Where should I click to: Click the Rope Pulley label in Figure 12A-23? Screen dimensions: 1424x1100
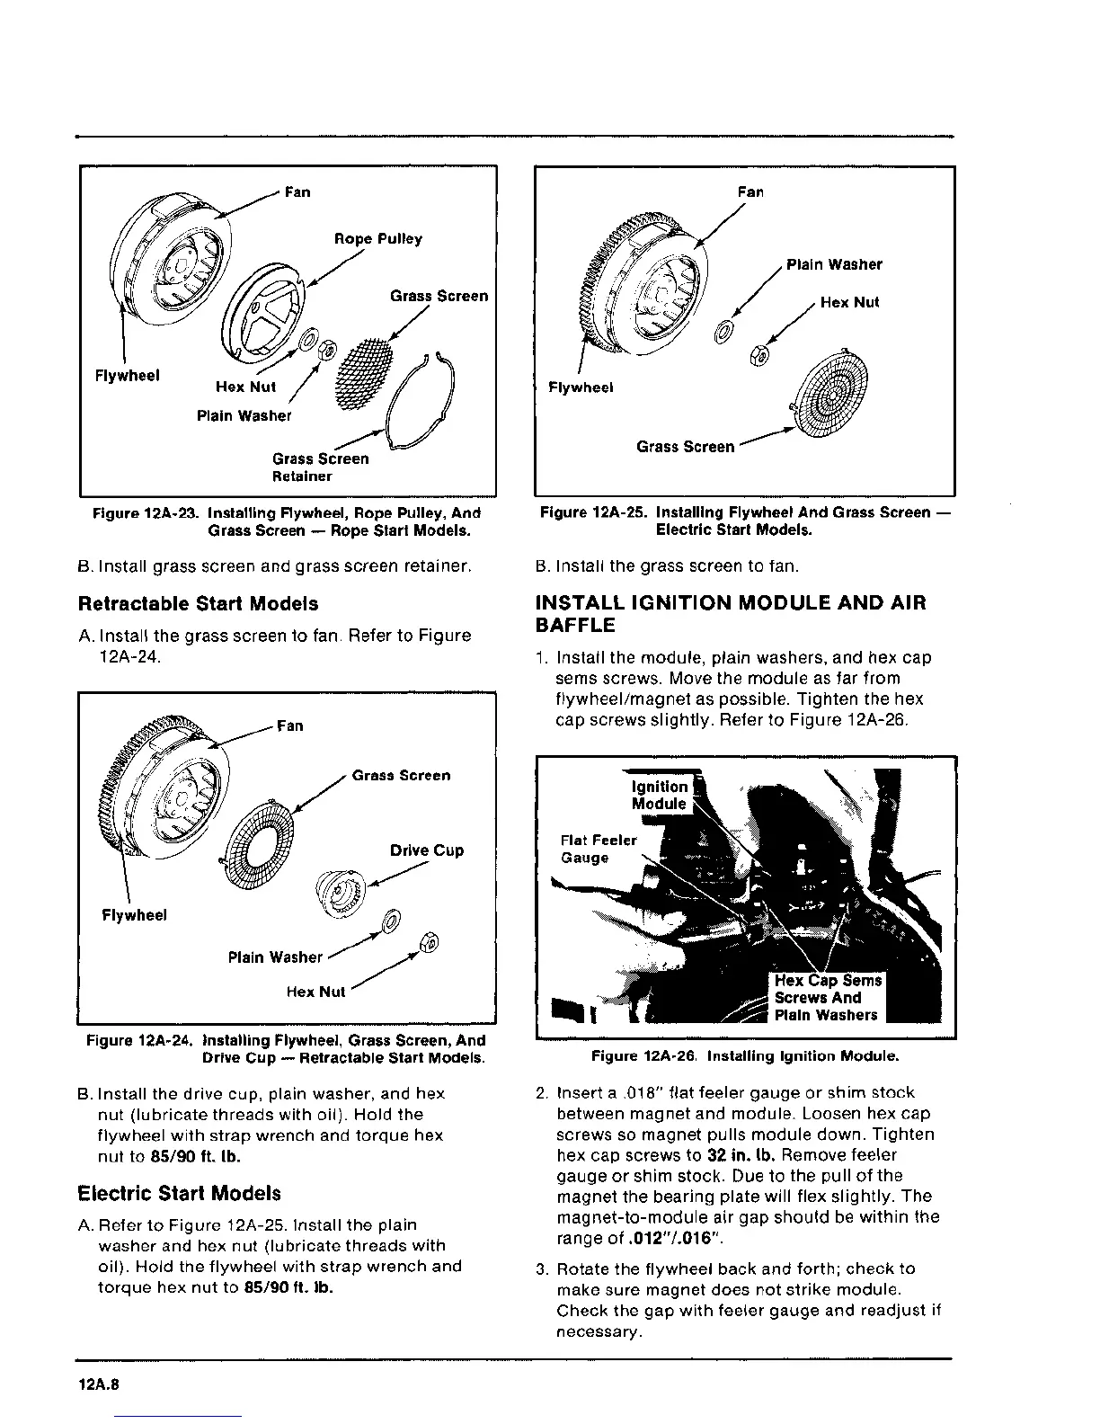pos(377,239)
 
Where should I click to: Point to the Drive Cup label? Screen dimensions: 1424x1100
pos(427,850)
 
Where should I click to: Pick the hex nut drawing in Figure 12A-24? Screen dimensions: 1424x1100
pos(428,940)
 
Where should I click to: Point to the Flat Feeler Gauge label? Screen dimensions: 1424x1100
pos(597,849)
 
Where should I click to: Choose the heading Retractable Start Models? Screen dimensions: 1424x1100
pos(199,603)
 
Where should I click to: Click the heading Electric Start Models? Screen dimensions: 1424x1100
pos(180,1194)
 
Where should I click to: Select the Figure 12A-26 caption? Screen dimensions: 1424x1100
pos(745,1055)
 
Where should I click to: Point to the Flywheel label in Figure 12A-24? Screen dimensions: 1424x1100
pos(134,915)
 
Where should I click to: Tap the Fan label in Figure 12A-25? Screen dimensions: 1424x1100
pos(750,191)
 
